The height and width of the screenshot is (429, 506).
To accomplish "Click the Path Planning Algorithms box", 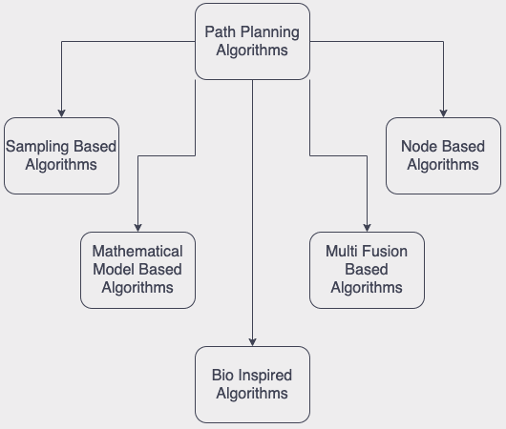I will pos(252,42).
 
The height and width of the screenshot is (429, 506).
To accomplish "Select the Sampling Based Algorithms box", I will pos(61,155).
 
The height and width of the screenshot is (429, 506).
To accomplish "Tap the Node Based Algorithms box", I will pos(443,155).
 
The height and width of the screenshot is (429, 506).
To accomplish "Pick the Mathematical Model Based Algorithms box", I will pos(137,270).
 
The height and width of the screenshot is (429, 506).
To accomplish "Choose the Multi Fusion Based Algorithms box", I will pos(367,270).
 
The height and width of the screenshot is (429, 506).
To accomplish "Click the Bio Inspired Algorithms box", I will pos(252,384).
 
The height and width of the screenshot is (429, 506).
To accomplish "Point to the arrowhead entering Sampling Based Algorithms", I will pos(61,112).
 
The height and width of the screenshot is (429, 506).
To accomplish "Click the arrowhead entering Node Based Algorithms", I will pos(443,112).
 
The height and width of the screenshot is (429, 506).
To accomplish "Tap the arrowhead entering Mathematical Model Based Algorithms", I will pos(137,227).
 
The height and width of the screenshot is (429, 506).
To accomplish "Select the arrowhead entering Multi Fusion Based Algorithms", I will pos(367,227).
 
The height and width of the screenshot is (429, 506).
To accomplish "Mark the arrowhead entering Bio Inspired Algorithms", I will pos(252,341).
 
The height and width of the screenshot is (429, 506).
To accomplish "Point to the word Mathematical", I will pos(137,251).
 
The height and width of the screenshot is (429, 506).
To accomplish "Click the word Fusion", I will pos(385,251).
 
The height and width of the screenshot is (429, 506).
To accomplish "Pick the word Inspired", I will pos(265,375).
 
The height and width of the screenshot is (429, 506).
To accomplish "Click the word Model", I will pos(114,269).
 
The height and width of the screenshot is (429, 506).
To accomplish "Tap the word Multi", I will pos(343,251).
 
